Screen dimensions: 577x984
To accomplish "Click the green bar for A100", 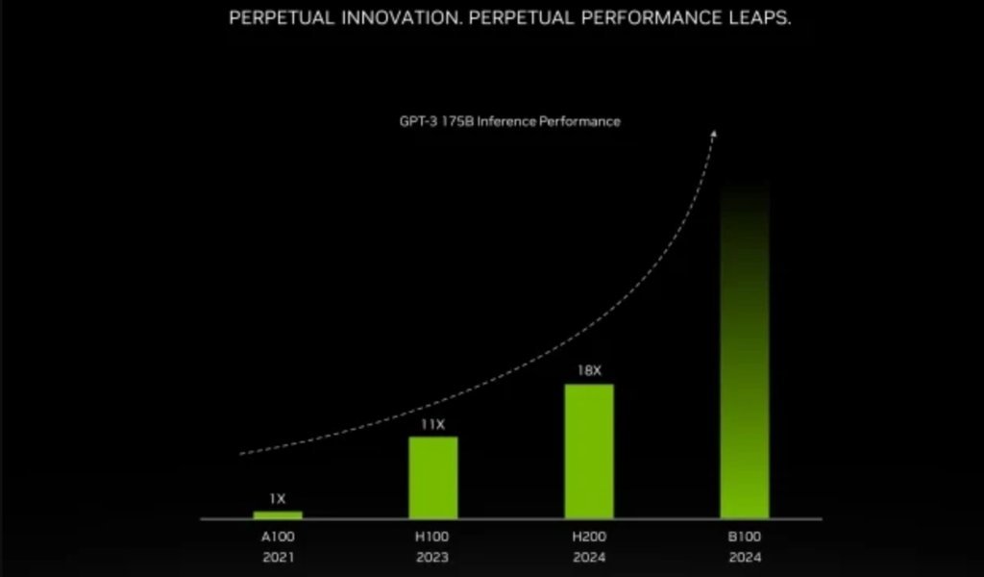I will click(278, 514).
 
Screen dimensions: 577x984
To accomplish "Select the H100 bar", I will click(433, 478).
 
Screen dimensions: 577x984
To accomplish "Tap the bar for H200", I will click(589, 451).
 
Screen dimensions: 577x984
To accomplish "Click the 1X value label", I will click(278, 499).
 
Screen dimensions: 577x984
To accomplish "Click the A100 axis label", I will click(278, 536).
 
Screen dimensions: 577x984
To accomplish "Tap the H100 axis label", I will click(433, 536).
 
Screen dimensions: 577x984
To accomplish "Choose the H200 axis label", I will click(589, 536).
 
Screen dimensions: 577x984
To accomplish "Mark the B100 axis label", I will click(746, 536).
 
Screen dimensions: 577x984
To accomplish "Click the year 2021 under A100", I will click(278, 556).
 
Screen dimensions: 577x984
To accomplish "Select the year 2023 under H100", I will click(433, 556).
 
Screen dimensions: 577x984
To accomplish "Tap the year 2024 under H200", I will click(589, 556).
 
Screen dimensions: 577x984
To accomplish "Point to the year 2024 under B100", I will click(746, 556).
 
